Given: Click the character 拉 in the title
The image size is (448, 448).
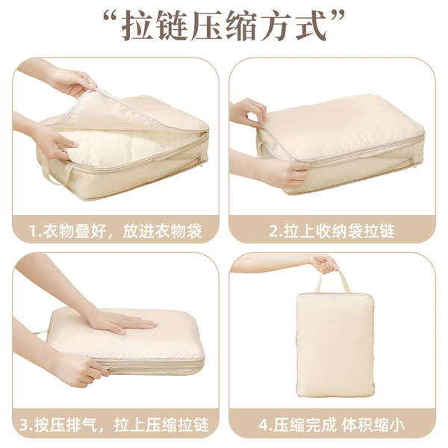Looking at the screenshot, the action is click(136, 25).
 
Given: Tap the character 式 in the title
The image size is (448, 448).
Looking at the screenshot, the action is click(311, 25).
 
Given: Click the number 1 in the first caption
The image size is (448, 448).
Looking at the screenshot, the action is click(34, 231).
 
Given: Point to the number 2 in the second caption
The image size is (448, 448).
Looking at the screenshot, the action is click(274, 231).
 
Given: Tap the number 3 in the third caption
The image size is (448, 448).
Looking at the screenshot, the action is click(25, 425).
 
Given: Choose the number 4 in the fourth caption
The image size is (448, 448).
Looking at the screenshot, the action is click(263, 425).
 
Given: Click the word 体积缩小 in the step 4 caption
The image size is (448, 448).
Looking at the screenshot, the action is click(373, 425).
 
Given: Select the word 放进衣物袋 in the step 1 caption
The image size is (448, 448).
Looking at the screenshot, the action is click(162, 231).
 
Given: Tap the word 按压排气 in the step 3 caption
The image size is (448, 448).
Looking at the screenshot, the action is click(66, 425).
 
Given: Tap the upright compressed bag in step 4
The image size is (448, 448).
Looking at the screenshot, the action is click(335, 344).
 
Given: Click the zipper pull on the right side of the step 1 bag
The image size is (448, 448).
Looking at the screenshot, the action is click(201, 163).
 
